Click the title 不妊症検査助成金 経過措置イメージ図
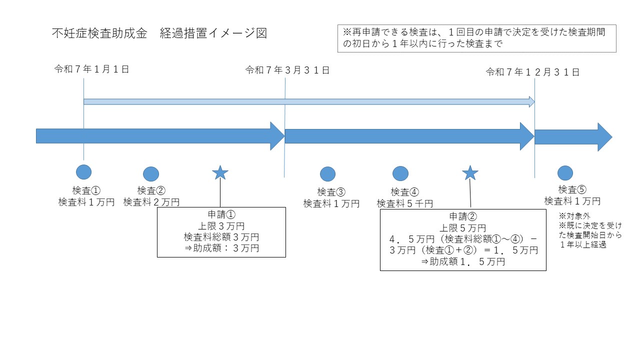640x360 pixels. point(159,33)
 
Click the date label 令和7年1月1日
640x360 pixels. point(92,69)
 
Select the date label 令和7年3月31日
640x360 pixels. point(287,70)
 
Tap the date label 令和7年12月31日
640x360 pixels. point(533,72)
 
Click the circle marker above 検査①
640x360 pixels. point(83,171)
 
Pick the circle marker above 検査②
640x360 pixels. point(151,173)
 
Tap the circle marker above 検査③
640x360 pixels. point(327,174)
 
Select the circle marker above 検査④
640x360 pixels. point(400,173)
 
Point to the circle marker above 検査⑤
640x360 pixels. point(565,172)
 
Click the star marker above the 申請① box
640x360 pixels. point(220,173)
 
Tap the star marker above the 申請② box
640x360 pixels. point(469,173)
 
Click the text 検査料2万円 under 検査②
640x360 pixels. point(151,202)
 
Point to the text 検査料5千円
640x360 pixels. point(405,203)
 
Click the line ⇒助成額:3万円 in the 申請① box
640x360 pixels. point(221,248)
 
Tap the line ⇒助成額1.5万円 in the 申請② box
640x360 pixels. point(462,261)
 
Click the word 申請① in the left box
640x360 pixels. point(221,214)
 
